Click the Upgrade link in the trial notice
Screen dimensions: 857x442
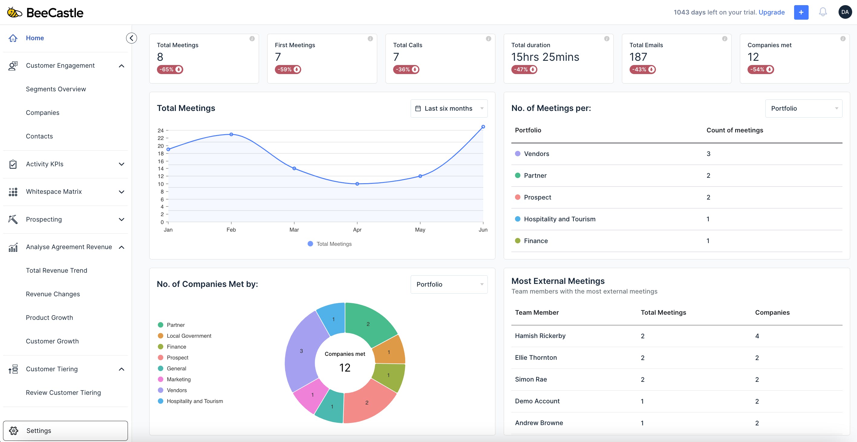[x=771, y=12]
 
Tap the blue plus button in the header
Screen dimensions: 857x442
[x=801, y=12]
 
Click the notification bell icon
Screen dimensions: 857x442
[x=823, y=12]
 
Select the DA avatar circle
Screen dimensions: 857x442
[x=845, y=12]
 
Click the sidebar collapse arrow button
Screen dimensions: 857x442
[x=132, y=38]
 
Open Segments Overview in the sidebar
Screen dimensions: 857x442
[x=56, y=89]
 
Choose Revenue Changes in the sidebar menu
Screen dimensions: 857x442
[x=53, y=294]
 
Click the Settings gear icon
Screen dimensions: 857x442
[x=14, y=431]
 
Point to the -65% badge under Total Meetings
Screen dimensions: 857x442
[x=170, y=70]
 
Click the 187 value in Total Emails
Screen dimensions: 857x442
[x=638, y=57]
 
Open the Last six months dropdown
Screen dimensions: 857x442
[x=449, y=109]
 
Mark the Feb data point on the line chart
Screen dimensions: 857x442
[x=231, y=134]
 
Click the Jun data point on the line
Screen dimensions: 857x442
[x=483, y=127]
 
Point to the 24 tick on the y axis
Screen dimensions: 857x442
[x=161, y=130]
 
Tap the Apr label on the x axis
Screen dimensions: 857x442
[x=357, y=230]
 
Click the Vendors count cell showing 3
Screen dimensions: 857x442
[x=708, y=154]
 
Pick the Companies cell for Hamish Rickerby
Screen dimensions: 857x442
[x=757, y=336]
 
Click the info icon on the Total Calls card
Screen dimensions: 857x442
[x=488, y=39]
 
